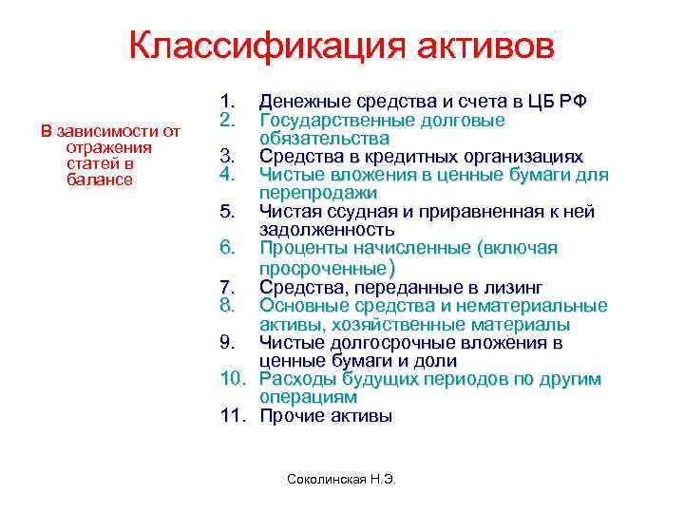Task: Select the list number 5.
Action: (227, 212)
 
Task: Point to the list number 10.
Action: (233, 379)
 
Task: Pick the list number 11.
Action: (233, 416)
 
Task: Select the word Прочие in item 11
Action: (289, 416)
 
